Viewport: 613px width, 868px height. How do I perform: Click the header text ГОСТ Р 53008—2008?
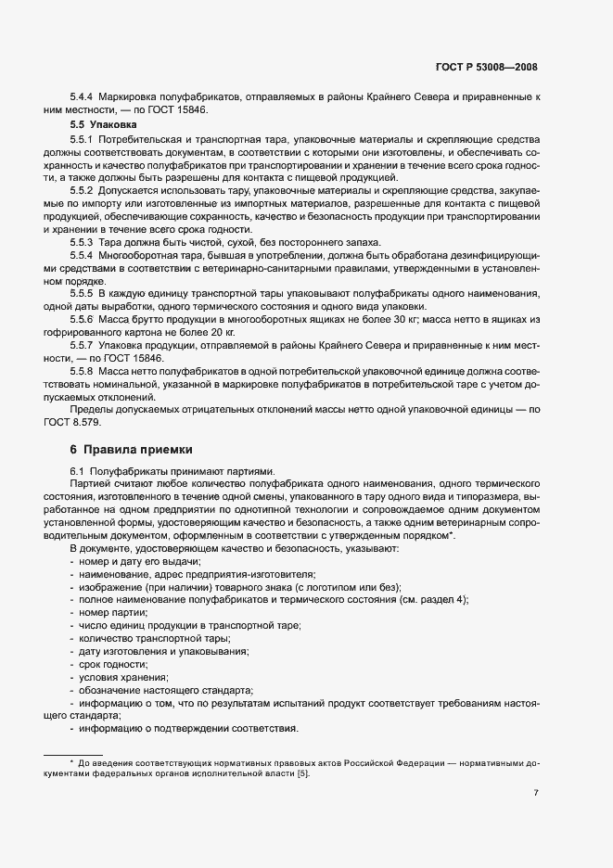coord(486,67)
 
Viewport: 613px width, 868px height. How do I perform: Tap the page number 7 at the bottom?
coord(536,793)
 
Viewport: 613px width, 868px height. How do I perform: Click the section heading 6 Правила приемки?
coord(132,450)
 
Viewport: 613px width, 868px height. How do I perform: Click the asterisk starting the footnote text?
coord(71,761)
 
